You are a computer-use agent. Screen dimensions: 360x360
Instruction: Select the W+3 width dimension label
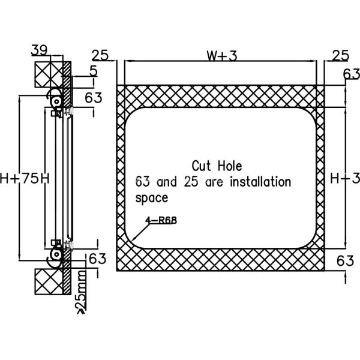[x=223, y=56]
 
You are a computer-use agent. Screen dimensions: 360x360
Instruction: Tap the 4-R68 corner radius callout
[x=161, y=220]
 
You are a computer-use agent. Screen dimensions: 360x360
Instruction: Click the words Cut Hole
[x=217, y=165]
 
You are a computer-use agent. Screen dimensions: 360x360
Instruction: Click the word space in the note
[x=152, y=197]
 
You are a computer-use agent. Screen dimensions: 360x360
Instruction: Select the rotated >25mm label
[x=80, y=292]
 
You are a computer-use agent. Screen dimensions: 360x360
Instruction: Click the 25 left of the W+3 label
[x=100, y=56]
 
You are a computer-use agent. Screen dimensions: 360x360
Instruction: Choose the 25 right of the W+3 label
[x=340, y=56]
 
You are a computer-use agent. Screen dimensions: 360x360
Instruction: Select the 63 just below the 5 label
[x=92, y=97]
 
